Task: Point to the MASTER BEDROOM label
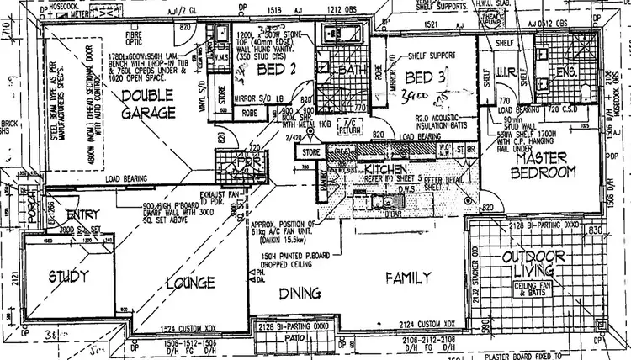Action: pos(545,164)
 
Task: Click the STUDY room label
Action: pos(62,275)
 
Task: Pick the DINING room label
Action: pos(299,294)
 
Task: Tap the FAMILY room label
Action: pos(409,277)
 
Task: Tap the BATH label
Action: pos(347,71)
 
